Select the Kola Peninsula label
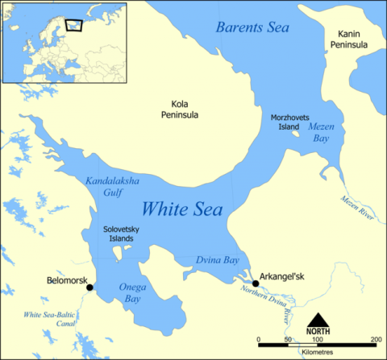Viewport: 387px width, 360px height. click(185, 110)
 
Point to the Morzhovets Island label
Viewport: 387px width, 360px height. click(292, 123)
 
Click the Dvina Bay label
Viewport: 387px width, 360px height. click(216, 260)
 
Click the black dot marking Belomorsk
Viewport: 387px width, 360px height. click(90, 288)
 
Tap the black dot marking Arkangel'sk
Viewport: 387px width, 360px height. click(256, 283)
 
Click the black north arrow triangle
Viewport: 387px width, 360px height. click(318, 321)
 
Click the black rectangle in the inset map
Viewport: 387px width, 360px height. click(74, 25)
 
